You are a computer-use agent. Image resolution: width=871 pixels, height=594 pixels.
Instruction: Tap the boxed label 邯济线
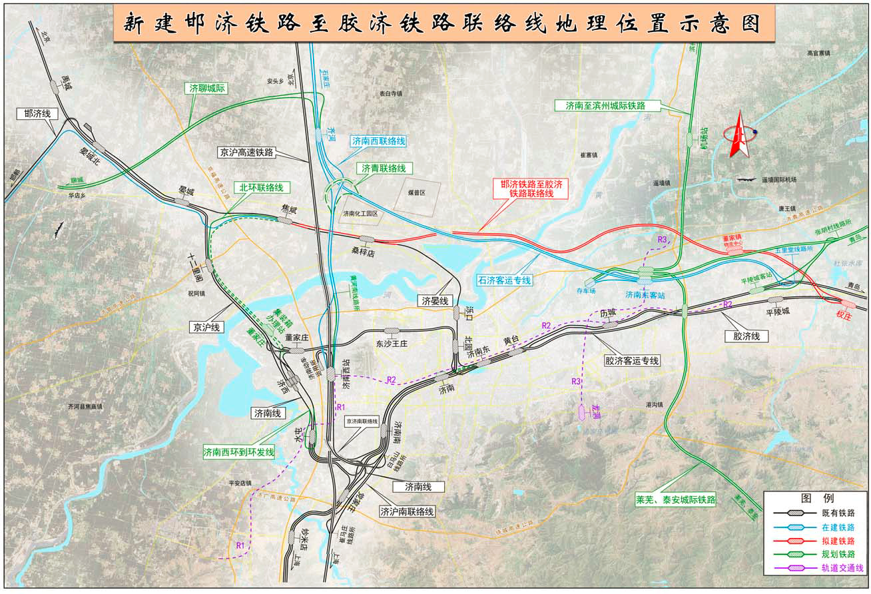(x=37, y=114)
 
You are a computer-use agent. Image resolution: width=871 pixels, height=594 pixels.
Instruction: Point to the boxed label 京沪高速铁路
(x=246, y=152)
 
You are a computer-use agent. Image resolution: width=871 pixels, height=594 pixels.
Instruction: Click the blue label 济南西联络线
(x=379, y=141)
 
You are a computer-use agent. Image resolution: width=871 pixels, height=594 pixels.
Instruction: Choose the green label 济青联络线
(x=384, y=168)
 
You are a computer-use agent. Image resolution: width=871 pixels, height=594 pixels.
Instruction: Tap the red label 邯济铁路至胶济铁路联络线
(x=531, y=188)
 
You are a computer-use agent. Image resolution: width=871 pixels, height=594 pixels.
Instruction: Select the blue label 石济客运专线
(x=505, y=280)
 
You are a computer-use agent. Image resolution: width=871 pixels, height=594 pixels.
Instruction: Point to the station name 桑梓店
(x=365, y=251)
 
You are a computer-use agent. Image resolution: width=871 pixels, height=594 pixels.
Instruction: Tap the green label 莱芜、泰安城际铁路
(x=675, y=499)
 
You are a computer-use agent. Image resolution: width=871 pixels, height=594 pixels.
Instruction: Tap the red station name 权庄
(x=844, y=316)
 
